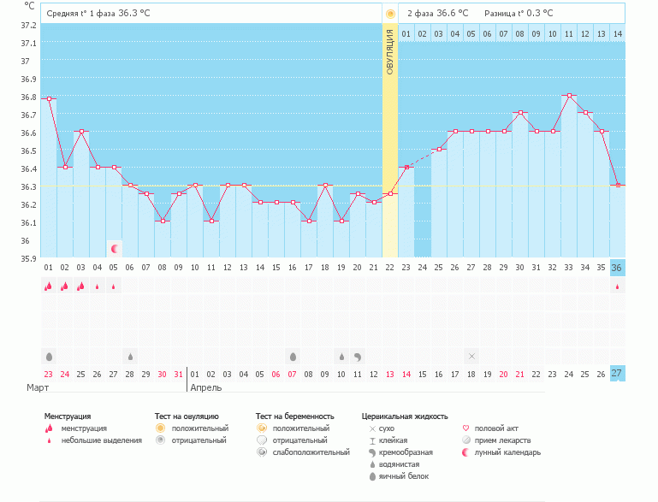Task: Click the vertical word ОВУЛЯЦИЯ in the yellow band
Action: point(390,52)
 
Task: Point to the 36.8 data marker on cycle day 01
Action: point(49,99)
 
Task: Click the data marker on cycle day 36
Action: point(618,186)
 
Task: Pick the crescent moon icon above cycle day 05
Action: point(115,249)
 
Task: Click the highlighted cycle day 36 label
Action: point(618,268)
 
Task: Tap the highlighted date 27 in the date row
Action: point(618,374)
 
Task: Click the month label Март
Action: point(38,387)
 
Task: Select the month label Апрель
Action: point(206,387)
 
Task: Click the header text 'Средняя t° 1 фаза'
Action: point(80,14)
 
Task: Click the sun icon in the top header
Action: point(390,14)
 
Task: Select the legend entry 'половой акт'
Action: point(495,428)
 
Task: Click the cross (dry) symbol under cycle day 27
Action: point(471,355)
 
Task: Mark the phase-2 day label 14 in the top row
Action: point(618,33)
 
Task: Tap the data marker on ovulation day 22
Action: point(390,194)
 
